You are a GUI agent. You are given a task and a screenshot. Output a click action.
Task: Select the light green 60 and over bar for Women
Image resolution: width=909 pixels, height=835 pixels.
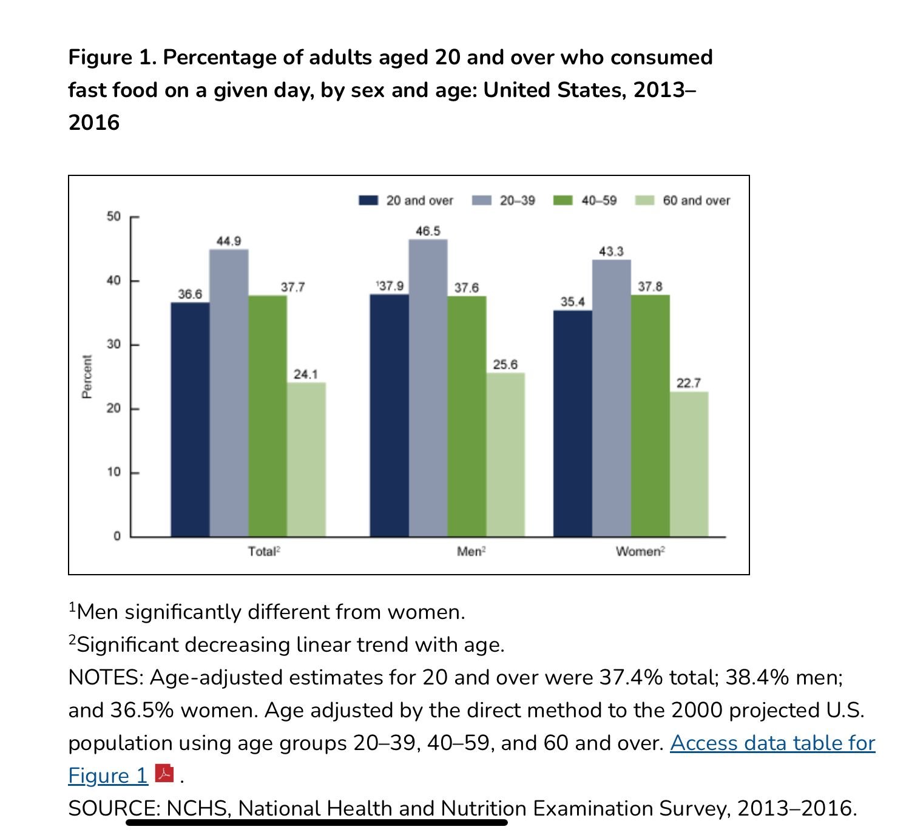(689, 464)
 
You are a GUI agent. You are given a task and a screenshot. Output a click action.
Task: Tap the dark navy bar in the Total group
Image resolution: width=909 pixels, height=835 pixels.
(190, 419)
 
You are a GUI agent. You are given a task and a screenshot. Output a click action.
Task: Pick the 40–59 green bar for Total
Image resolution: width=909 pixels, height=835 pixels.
(268, 416)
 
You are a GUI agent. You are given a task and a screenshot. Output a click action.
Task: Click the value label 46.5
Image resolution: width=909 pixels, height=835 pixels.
(428, 231)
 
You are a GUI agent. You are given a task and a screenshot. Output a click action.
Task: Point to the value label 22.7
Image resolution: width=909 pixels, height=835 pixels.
(689, 383)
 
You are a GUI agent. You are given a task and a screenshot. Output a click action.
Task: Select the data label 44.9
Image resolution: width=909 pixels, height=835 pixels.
(229, 241)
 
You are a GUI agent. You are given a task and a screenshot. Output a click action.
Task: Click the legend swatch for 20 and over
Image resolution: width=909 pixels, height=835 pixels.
(368, 200)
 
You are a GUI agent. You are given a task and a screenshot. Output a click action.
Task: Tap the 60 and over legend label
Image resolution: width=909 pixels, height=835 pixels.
(696, 200)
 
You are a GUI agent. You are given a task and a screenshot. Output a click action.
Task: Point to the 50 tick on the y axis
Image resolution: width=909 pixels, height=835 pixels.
(114, 217)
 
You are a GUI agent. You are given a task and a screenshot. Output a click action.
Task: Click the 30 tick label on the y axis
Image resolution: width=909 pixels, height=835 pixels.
(114, 344)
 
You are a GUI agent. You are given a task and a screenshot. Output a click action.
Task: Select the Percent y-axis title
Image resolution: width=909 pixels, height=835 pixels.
(87, 377)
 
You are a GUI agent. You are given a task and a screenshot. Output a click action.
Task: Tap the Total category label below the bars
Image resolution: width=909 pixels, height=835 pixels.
(262, 552)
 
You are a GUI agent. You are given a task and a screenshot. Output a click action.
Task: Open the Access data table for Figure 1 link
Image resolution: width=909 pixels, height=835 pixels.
(772, 743)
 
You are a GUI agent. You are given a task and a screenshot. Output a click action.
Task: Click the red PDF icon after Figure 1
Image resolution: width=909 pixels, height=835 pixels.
(164, 774)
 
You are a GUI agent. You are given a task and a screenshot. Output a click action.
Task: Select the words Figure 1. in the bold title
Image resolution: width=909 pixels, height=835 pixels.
(112, 57)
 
